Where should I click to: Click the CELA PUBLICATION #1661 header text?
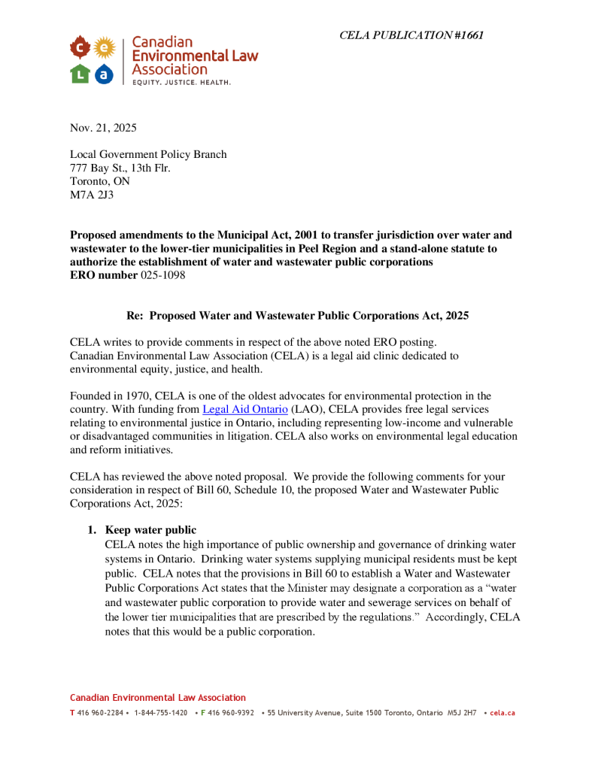click(411, 35)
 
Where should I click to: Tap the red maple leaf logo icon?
click(80, 49)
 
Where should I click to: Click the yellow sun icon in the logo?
click(105, 49)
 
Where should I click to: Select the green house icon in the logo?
click(80, 74)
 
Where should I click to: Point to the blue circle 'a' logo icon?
click(105, 74)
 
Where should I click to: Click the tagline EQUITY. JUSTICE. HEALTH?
click(181, 81)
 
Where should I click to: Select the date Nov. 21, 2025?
click(103, 128)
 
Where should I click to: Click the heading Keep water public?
click(151, 530)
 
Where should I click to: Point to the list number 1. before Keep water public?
click(94, 530)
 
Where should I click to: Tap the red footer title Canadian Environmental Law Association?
click(158, 698)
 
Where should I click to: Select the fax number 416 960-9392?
click(231, 713)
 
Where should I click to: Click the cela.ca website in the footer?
click(502, 713)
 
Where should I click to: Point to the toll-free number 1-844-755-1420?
click(160, 713)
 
